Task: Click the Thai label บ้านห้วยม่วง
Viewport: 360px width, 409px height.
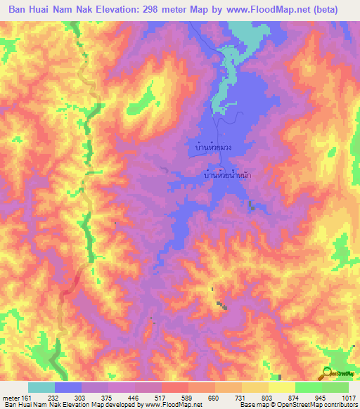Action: click(x=214, y=148)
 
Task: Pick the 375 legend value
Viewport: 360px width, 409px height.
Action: click(x=94, y=397)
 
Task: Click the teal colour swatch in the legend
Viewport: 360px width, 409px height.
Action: click(x=41, y=387)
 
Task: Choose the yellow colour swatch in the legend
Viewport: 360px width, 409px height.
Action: click(x=282, y=387)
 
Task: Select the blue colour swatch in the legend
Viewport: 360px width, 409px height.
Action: click(x=68, y=387)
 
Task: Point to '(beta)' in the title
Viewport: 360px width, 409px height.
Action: click(x=323, y=10)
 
